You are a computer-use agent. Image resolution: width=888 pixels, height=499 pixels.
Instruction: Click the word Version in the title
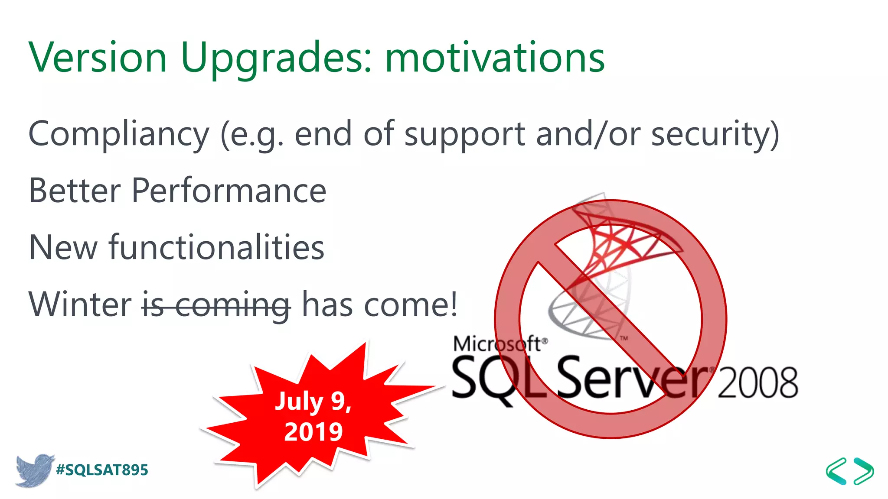click(x=98, y=58)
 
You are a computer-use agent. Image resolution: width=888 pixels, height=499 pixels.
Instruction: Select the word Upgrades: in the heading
click(x=276, y=58)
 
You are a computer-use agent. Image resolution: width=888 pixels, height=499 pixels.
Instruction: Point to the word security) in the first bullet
click(x=715, y=134)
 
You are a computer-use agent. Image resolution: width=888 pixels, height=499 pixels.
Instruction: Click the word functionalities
click(x=216, y=247)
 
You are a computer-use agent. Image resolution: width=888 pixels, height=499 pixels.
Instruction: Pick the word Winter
click(x=80, y=304)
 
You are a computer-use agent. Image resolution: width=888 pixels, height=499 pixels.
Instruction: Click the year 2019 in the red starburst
click(x=313, y=431)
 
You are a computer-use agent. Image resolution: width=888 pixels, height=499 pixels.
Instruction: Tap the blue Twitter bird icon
click(x=34, y=470)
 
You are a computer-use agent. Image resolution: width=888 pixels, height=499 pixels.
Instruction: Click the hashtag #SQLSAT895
click(x=102, y=470)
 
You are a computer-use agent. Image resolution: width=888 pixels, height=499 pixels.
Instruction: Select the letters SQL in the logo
click(x=499, y=378)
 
